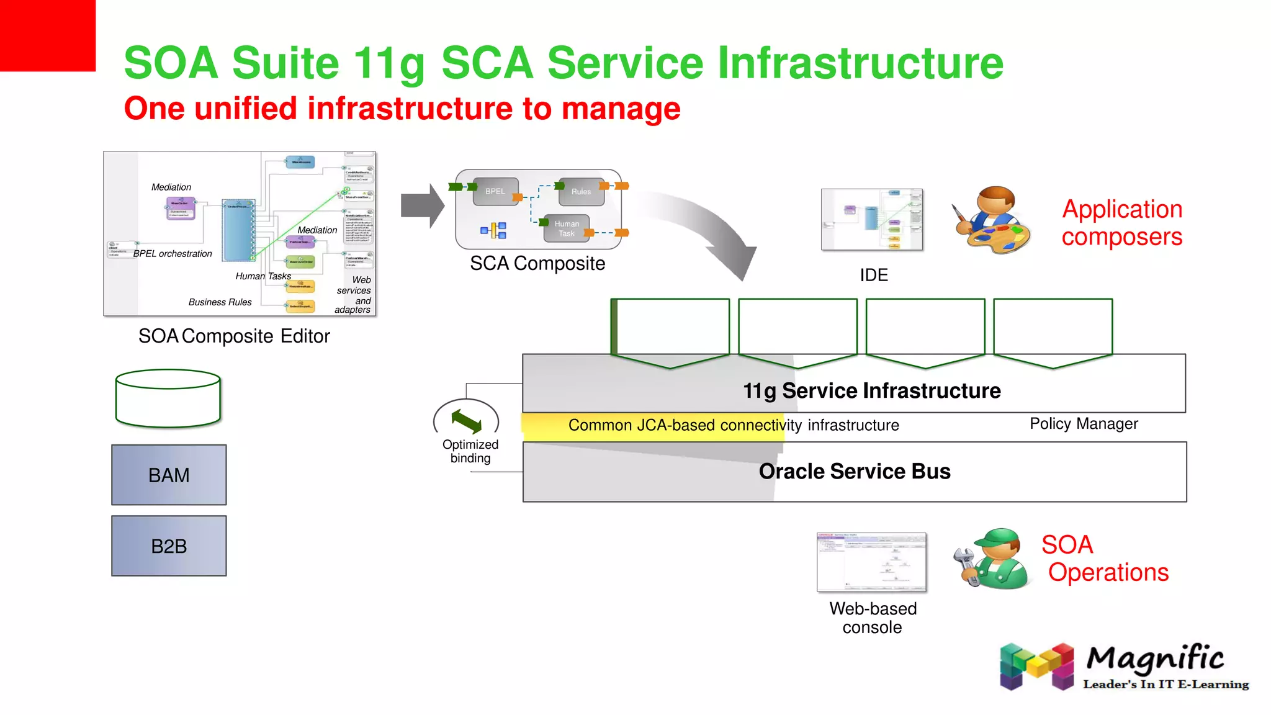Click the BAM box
click(x=169, y=475)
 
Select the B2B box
click(x=169, y=546)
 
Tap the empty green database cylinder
click(x=168, y=398)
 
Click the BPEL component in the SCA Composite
click(x=495, y=191)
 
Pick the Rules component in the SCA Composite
click(x=581, y=192)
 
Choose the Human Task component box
click(x=566, y=228)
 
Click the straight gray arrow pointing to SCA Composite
click(x=422, y=205)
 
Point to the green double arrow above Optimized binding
click(x=467, y=421)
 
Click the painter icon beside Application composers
click(x=992, y=220)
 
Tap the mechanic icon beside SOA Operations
click(x=992, y=559)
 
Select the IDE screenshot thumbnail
click(x=872, y=220)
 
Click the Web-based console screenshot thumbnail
click(x=871, y=562)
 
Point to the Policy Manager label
click(x=1084, y=424)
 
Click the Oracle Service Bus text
click(x=855, y=472)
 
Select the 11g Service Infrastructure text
click(x=872, y=391)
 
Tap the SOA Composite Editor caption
click(x=234, y=336)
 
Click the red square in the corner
click(x=48, y=35)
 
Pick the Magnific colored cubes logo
click(x=1036, y=667)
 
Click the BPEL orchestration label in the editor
click(x=173, y=254)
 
